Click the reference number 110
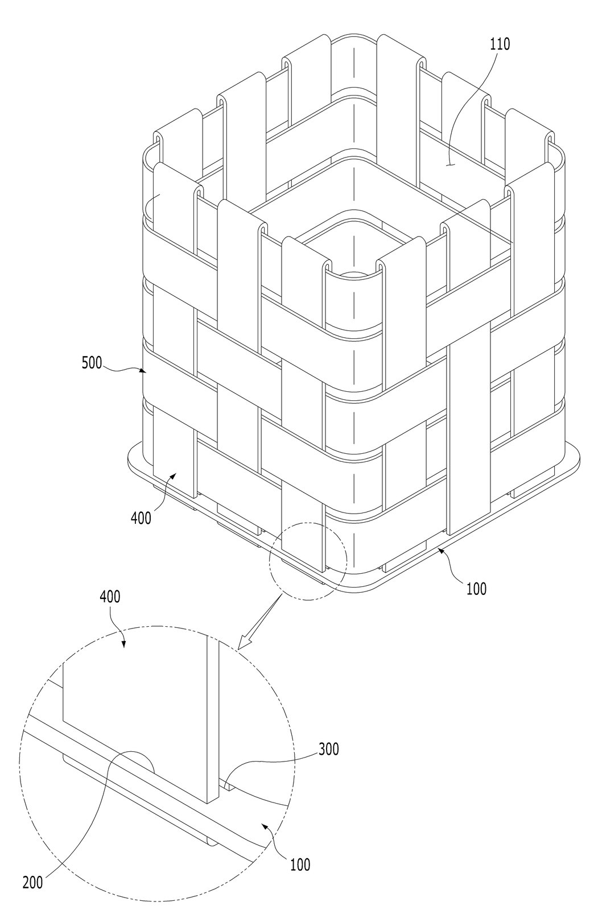click(500, 43)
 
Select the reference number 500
click(92, 362)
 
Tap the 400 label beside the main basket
click(141, 518)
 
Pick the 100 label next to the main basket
click(476, 589)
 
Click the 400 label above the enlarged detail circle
click(110, 597)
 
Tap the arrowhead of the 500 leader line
click(143, 370)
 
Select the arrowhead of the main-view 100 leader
click(440, 550)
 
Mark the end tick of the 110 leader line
click(450, 164)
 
